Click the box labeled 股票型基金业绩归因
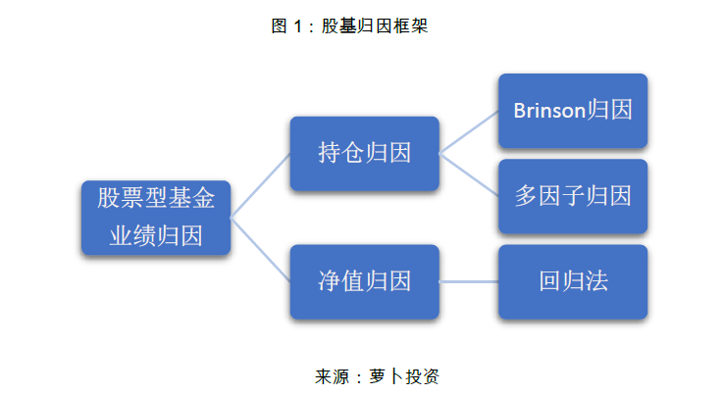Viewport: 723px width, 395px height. pyautogui.click(x=155, y=217)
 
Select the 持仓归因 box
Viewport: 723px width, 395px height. pyautogui.click(x=364, y=153)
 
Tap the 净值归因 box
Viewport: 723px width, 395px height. pyautogui.click(x=364, y=281)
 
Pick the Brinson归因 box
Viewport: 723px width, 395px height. pyautogui.click(x=572, y=110)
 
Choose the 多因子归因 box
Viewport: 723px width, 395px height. pyautogui.click(x=572, y=196)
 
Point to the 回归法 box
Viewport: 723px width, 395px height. pyautogui.click(x=572, y=281)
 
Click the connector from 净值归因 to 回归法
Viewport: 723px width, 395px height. pyautogui.click(x=468, y=281)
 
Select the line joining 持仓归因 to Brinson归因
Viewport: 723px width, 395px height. pyautogui.click(x=468, y=131)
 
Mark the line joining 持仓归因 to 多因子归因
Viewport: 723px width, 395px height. pyautogui.click(x=468, y=173)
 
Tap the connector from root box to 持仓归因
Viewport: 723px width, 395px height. pyautogui.click(x=260, y=185)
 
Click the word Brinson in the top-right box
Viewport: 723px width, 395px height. pyautogui.click(x=549, y=110)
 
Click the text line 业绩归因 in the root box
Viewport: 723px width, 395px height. pyautogui.click(x=155, y=236)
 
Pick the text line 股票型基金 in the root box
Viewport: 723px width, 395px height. pyautogui.click(x=155, y=198)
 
